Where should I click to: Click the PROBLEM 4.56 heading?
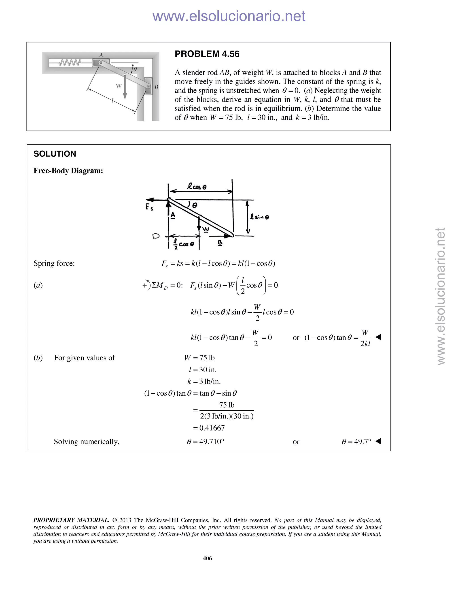click(207, 54)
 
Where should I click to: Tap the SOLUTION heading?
click(55, 154)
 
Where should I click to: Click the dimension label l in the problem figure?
click(112, 101)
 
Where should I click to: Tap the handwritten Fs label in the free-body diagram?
click(149, 207)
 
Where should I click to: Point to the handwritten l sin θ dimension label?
click(260, 217)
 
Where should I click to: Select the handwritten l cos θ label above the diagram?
click(197, 187)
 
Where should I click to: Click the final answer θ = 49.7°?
click(356, 442)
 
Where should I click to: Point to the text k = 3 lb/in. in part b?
click(204, 382)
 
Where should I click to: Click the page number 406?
click(207, 558)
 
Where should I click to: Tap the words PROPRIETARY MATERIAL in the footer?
click(71, 520)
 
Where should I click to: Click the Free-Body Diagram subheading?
click(68, 171)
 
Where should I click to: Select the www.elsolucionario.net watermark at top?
click(229, 16)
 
